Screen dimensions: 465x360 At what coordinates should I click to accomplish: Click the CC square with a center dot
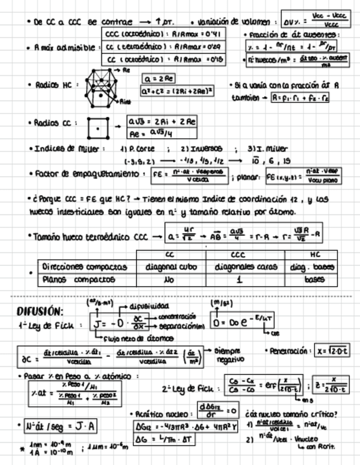click(x=98, y=128)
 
